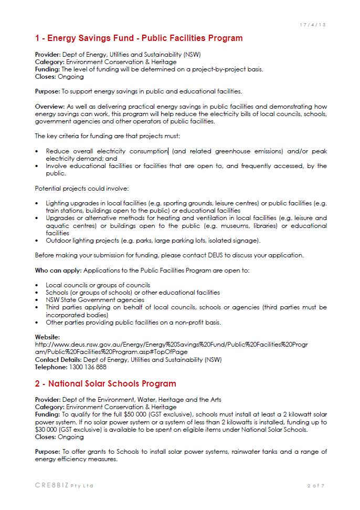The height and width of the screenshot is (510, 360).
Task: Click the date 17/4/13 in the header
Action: coord(312,25)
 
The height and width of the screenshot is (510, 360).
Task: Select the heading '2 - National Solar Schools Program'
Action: coord(105,383)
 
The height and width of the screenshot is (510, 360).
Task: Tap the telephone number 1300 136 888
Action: coord(83,367)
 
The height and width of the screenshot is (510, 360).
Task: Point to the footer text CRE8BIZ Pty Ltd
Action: coord(64,486)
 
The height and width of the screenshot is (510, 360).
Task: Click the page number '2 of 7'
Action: coord(316,486)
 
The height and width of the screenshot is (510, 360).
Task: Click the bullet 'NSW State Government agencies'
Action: coord(95,300)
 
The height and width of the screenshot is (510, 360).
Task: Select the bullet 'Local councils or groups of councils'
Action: coord(98,285)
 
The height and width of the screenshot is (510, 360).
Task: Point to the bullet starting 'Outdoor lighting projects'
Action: coord(153,240)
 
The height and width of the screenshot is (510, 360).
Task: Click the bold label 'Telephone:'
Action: coord(50,367)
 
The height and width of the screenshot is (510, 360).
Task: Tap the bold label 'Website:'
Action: coord(47,337)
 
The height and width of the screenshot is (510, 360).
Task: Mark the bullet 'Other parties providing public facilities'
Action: coord(133,322)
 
